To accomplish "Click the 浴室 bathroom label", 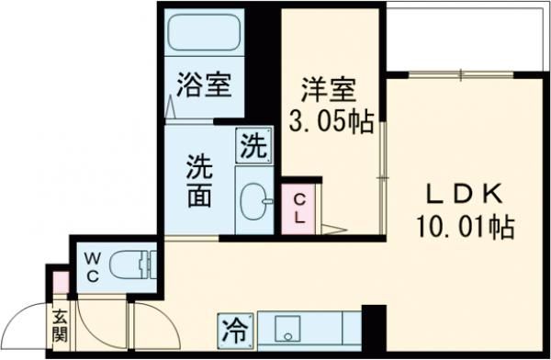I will (x=204, y=88).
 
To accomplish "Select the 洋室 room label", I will (x=329, y=90).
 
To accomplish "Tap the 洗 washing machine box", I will (x=254, y=144).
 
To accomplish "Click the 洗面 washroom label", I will (x=199, y=182).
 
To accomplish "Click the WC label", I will (x=93, y=264).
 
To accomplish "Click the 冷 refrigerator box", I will (x=235, y=327).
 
